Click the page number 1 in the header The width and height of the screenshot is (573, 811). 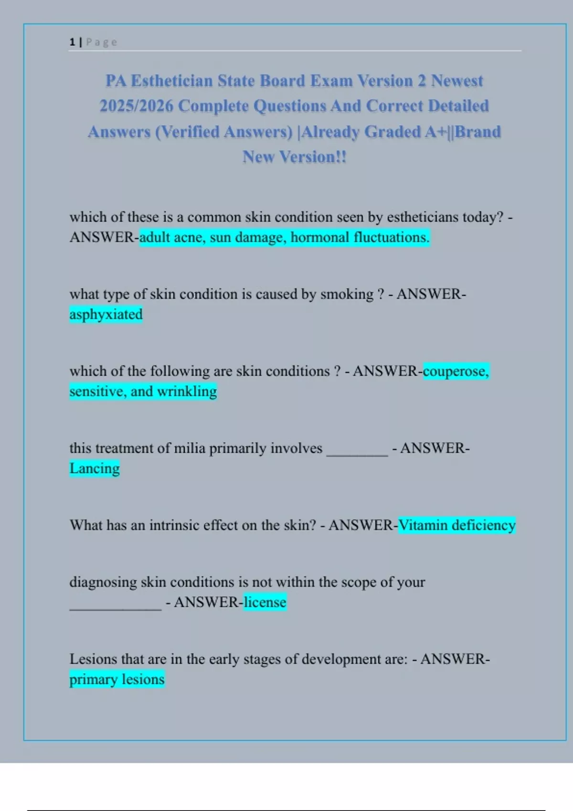click(72, 42)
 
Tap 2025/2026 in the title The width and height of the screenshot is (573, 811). click(136, 106)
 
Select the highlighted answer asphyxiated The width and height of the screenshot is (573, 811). click(106, 314)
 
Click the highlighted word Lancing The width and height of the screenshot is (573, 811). click(95, 468)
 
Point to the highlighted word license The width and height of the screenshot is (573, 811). click(265, 602)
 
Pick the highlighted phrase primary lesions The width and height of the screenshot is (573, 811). click(117, 679)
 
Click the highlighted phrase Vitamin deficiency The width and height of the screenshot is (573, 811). click(457, 525)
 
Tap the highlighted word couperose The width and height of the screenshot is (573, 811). click(455, 371)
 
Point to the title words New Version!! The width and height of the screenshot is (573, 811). click(294, 157)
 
